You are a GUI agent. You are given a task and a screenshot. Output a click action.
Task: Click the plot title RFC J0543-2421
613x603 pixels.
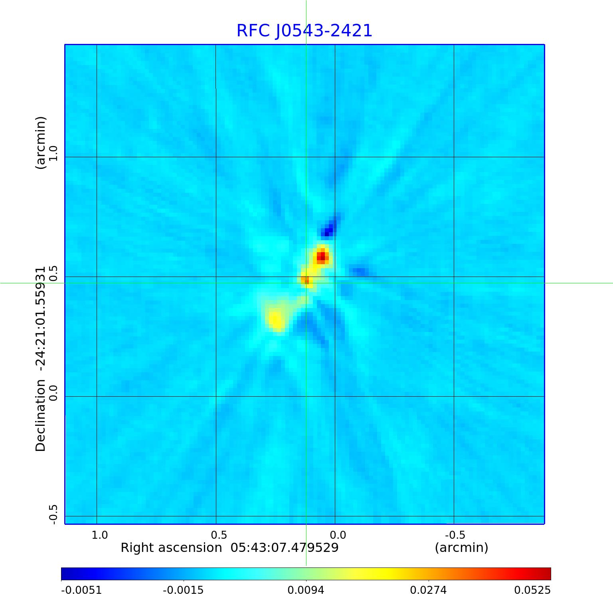point(304,31)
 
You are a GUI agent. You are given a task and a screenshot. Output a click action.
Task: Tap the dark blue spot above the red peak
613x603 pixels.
point(328,231)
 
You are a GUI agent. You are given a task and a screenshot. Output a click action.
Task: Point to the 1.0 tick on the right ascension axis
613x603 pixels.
point(100,535)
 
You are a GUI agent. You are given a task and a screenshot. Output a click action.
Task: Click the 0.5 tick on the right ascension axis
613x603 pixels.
point(219,535)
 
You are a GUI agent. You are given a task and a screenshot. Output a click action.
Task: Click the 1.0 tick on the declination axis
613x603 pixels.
point(53,153)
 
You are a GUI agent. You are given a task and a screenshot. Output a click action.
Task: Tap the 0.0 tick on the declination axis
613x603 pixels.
point(53,393)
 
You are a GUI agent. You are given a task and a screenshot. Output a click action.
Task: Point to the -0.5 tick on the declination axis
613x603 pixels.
point(53,514)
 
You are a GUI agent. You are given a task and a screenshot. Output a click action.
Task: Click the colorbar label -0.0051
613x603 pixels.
point(81,590)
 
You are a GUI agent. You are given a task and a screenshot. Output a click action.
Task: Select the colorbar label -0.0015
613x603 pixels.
point(184,590)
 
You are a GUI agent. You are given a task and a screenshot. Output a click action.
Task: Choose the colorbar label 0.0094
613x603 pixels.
point(306,590)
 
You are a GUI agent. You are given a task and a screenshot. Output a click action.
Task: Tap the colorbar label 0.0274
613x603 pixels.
point(429,590)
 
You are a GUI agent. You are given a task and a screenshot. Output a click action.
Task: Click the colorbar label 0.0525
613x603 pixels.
point(532,590)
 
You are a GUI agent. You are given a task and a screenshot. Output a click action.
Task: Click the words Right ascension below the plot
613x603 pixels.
point(171,548)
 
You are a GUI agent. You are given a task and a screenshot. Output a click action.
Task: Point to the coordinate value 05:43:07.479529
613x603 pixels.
point(285,548)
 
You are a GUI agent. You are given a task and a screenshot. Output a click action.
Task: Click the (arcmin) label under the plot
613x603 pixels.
point(461,548)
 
